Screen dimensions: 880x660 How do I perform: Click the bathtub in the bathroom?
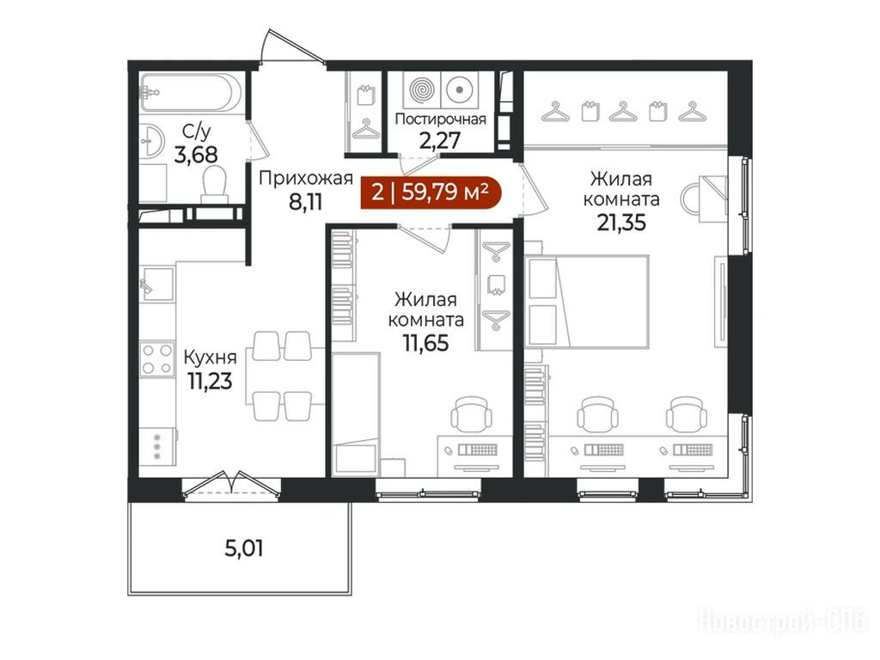coord(190,93)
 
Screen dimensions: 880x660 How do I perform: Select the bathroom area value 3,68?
coord(196,154)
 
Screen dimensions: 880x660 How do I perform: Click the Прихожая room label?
coord(305,179)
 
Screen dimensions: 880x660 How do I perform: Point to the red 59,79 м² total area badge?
coord(430,192)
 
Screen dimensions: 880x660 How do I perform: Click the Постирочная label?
coord(441,119)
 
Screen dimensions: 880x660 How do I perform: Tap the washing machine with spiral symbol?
coord(421,89)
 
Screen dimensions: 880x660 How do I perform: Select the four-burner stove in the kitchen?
coord(157,359)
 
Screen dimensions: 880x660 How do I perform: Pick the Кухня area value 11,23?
coord(210,381)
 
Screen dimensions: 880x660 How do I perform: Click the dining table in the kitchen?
coord(285,376)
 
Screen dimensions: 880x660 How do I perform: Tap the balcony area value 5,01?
coord(243,547)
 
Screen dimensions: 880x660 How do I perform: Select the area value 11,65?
coord(426,342)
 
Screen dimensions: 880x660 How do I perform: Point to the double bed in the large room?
coord(586,302)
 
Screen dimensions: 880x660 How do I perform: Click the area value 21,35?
coord(621,223)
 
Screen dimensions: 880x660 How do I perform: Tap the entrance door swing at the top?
coord(293,47)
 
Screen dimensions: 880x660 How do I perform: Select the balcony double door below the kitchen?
coord(231,484)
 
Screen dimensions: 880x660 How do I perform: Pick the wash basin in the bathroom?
coord(150,140)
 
